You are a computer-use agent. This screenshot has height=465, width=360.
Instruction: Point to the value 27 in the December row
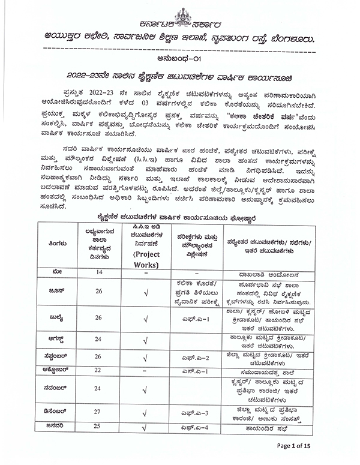100,413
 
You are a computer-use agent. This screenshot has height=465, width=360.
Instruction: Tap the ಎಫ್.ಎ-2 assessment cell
196,358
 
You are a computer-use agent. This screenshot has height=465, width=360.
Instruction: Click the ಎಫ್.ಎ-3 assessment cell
196,413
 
